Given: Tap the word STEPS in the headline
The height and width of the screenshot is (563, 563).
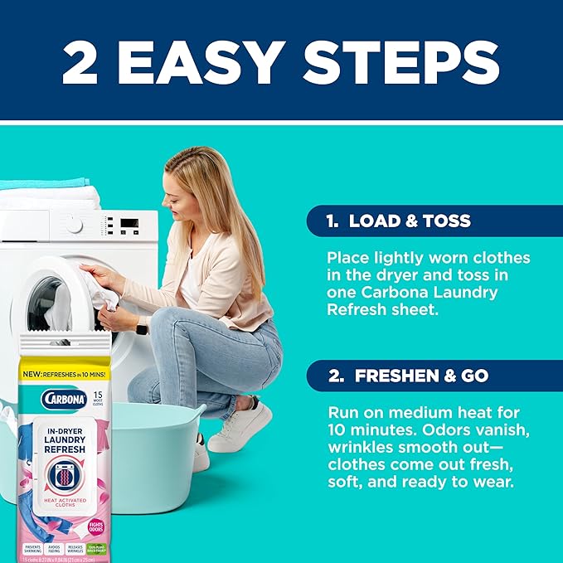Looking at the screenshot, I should point(404,60).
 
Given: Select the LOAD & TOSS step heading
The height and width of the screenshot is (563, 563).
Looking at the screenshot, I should point(410,221).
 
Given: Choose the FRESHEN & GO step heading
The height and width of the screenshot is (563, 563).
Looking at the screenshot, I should point(420,376).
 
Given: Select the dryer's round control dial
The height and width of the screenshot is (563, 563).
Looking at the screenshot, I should point(75,225).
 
